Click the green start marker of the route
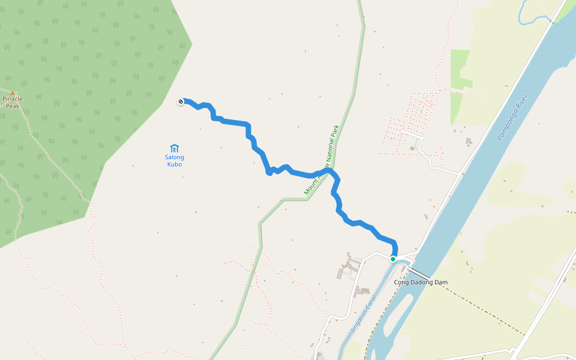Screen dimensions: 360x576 coord(393,259)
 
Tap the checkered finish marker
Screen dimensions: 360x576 coord(181,101)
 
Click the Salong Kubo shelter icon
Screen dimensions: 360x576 coord(174,148)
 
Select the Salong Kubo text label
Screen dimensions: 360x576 coord(175,161)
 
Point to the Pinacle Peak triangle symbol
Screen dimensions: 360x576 coord(12,92)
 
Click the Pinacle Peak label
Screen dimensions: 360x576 coord(13,102)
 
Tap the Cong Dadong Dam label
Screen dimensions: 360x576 coord(421,282)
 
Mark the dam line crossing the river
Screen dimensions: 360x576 coord(418,272)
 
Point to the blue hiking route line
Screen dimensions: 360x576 coord(234,122)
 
